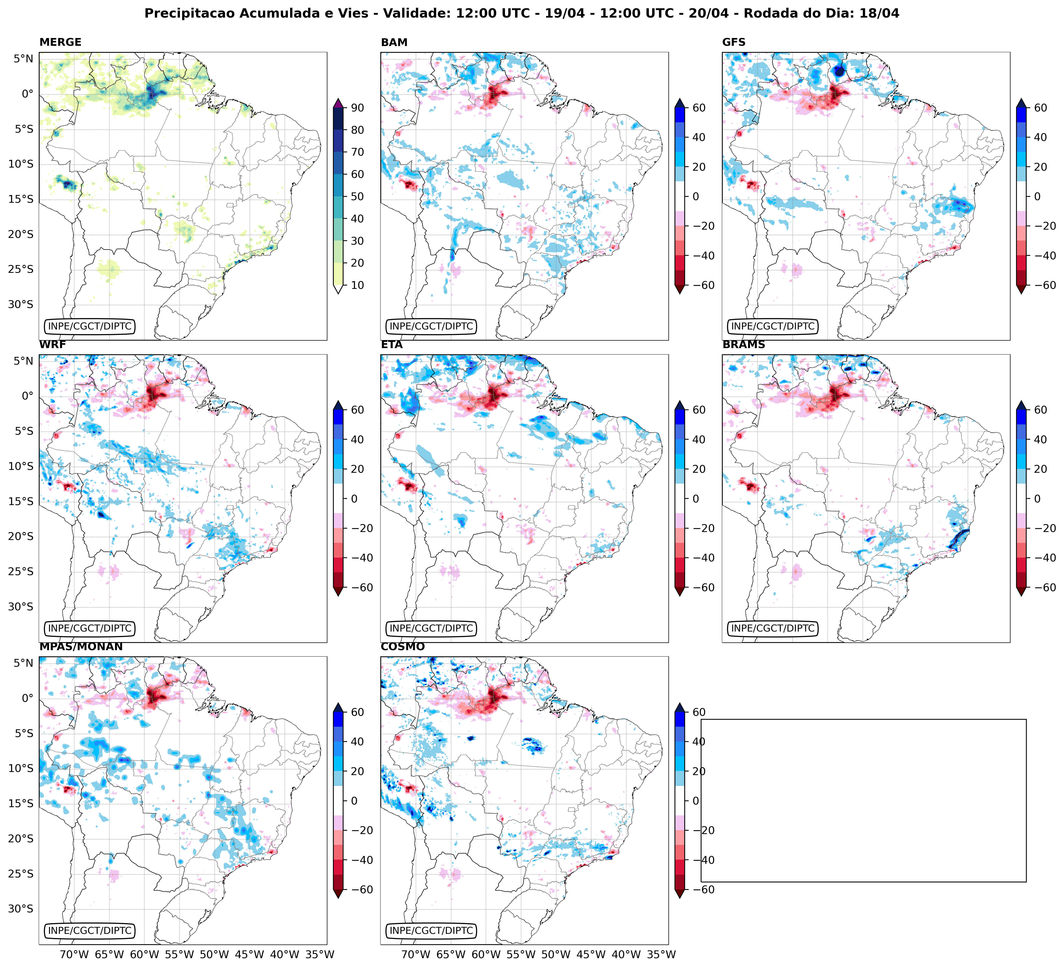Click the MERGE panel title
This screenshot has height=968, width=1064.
coord(60,42)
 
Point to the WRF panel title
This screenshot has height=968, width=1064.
coord(52,345)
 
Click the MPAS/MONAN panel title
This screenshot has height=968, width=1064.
coord(81,647)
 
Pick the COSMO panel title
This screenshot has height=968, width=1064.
coord(402,647)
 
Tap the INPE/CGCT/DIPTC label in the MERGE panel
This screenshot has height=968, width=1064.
coord(90,326)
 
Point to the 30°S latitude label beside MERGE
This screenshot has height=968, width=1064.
coord(21,305)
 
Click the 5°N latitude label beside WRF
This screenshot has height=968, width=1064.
coord(23,361)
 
